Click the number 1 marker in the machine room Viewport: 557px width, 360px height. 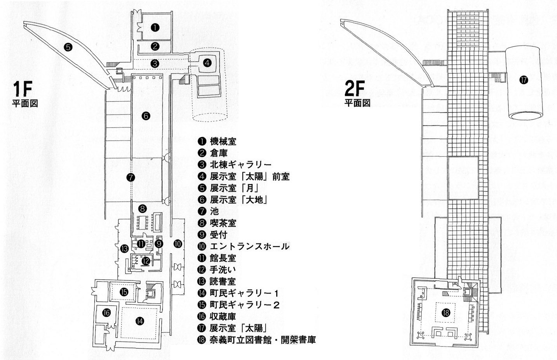[155, 27]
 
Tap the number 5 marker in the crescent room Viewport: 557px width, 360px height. [68, 47]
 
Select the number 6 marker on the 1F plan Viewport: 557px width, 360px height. [146, 115]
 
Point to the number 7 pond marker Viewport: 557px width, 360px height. [131, 177]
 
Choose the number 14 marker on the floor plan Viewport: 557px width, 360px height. [139, 320]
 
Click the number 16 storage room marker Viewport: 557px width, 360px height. [107, 311]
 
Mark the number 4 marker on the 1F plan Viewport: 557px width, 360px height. [207, 62]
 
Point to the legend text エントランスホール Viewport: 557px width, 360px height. [249, 246]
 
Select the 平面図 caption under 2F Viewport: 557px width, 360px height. [357, 104]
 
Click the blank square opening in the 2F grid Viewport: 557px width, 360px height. [463, 177]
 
